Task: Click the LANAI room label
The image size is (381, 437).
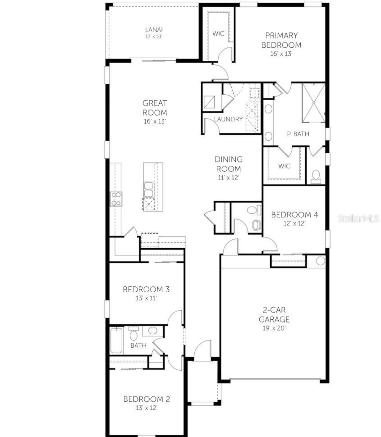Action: [154, 29]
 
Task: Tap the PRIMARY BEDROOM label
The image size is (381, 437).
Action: [281, 40]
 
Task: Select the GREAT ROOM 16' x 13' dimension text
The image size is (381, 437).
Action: [154, 121]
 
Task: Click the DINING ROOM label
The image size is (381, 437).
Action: [228, 164]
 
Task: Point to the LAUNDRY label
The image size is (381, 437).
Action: [228, 119]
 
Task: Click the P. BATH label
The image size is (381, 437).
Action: [298, 134]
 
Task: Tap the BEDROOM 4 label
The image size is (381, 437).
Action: [294, 215]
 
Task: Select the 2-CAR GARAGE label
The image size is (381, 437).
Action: [274, 315]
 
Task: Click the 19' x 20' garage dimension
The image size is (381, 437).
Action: [274, 328]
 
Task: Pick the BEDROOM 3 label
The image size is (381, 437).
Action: [146, 289]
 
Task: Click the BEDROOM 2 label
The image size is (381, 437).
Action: [146, 399]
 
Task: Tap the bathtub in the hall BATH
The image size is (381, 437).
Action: [116, 340]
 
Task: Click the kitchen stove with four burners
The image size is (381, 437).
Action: [116, 199]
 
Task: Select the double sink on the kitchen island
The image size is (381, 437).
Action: [148, 189]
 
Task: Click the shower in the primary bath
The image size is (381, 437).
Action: [313, 103]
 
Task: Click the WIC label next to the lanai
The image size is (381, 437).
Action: [218, 34]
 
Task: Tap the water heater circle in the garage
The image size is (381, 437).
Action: [320, 261]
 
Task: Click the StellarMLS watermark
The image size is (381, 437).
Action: [359, 219]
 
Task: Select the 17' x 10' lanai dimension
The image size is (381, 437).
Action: [154, 37]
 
